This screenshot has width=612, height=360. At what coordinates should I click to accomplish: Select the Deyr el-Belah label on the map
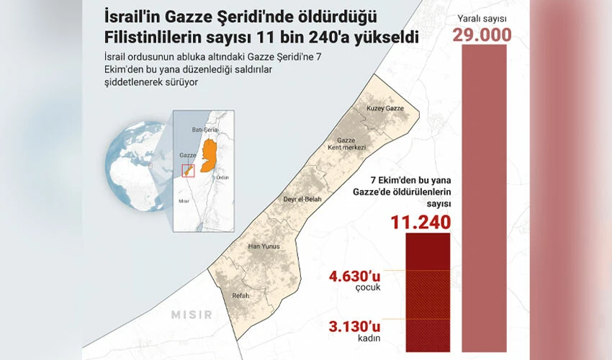(x=302, y=199)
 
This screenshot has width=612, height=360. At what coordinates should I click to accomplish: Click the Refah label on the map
(x=240, y=295)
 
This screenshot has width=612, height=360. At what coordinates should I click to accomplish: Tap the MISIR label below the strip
(x=192, y=315)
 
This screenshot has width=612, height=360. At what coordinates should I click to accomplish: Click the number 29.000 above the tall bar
(x=482, y=35)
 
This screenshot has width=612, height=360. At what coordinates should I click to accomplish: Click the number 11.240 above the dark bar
(x=421, y=222)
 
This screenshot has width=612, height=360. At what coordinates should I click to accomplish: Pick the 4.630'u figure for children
(x=356, y=274)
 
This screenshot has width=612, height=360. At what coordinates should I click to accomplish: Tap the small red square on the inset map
(x=188, y=171)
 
